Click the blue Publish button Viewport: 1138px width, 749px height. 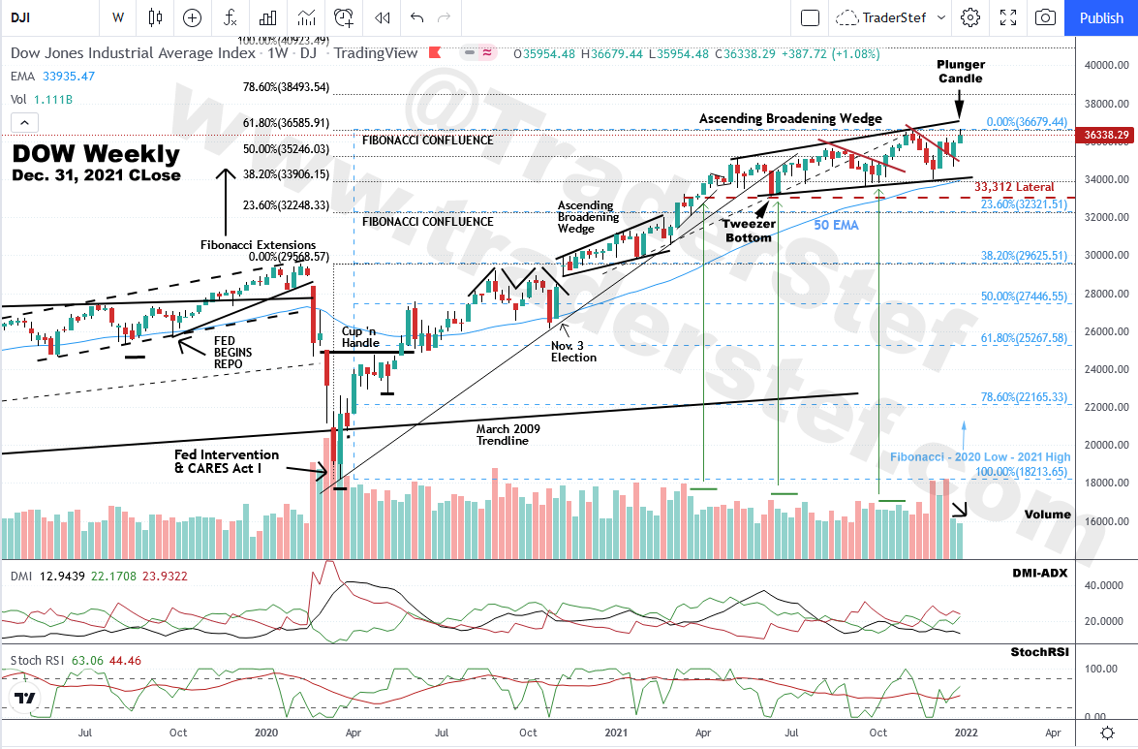(1101, 17)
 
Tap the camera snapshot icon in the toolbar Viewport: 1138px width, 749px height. (1045, 17)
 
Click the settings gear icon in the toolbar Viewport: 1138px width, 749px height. (969, 17)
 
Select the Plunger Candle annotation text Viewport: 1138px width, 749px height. (960, 71)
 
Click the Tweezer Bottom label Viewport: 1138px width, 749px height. (749, 231)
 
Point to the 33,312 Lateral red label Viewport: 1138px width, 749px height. (1013, 187)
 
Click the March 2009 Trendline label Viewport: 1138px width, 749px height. (507, 434)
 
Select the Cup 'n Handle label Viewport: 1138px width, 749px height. (360, 336)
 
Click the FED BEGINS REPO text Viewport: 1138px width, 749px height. (233, 353)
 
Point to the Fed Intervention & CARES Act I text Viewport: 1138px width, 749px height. (227, 461)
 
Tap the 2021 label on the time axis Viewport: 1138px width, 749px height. (616, 732)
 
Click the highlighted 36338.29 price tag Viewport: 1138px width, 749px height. (1107, 135)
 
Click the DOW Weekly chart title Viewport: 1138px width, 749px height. (96, 154)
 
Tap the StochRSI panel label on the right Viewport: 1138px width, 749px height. (1041, 652)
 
